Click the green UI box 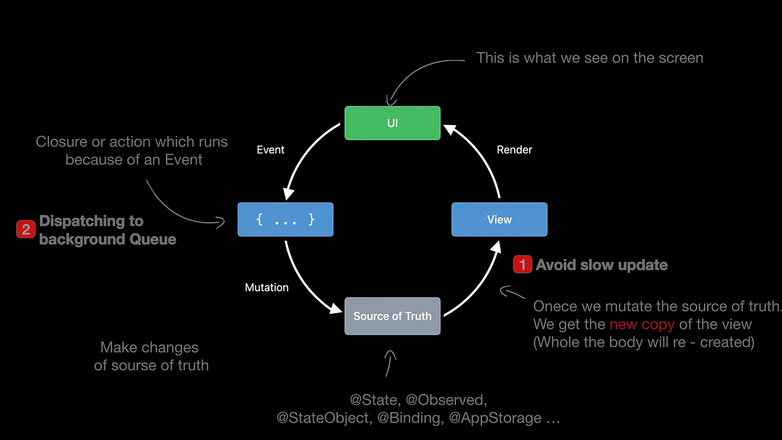392,123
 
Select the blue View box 499,219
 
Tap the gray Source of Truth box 392,316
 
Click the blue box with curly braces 285,219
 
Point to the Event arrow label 271,150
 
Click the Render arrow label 514,150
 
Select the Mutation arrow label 267,287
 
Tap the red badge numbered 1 522,264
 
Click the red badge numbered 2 26,230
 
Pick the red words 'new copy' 641,324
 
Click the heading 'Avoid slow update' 602,265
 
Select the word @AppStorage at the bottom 495,418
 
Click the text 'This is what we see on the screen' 590,58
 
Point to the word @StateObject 324,418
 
